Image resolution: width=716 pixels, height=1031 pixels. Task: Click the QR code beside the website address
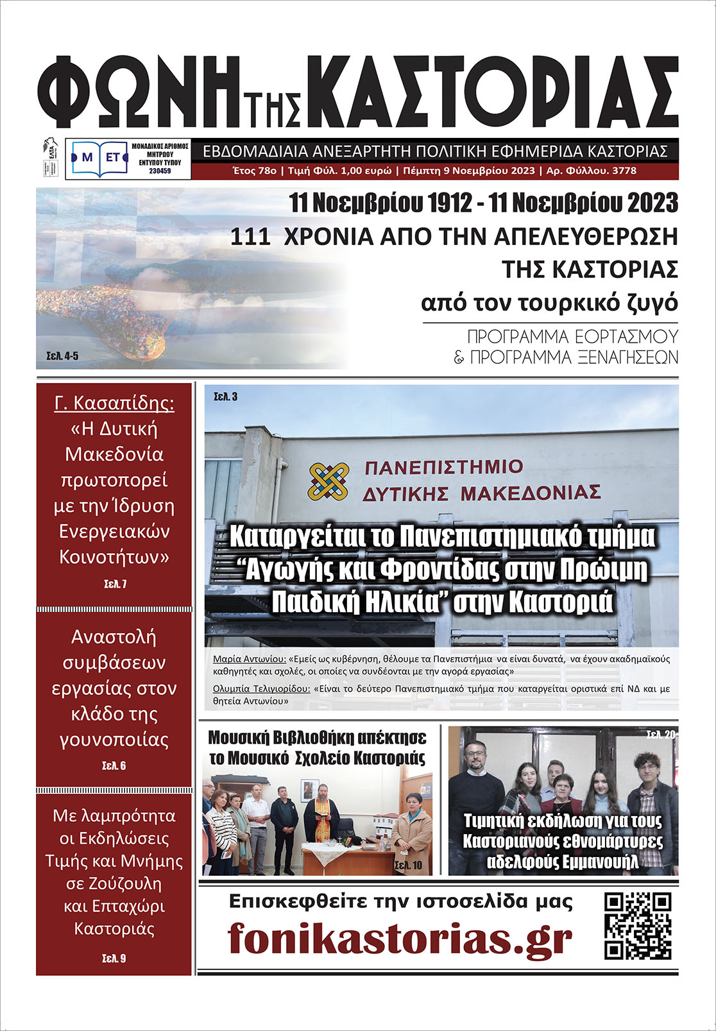point(638,926)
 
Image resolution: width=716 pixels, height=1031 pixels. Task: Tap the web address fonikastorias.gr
point(400,939)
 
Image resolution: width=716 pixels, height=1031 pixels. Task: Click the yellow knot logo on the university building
point(328,481)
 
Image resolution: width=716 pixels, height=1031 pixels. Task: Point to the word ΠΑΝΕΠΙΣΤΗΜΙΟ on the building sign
point(443,467)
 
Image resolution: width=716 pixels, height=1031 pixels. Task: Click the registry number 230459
point(160,171)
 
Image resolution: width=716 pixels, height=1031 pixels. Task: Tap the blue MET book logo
point(96,158)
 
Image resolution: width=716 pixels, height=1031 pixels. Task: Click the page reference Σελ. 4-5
point(62,356)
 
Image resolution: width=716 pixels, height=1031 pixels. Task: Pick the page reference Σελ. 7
point(115,584)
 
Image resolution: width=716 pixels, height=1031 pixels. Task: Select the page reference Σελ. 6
point(114,765)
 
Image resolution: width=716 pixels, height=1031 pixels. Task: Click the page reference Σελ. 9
point(114,958)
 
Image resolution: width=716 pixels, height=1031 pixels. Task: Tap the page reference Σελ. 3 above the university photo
point(226,397)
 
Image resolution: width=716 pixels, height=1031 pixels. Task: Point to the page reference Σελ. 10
point(408,865)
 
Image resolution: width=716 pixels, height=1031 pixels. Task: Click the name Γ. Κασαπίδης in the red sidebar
point(114,404)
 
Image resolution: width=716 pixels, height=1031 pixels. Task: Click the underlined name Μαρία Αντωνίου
point(250,659)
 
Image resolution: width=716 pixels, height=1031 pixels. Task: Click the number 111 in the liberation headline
point(250,237)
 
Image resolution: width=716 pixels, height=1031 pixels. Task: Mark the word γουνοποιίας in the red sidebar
point(114,740)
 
